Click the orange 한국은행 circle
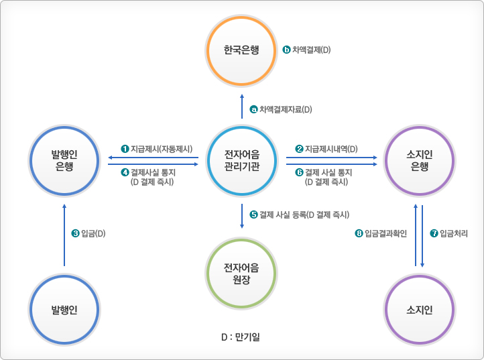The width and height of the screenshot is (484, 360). point(241,50)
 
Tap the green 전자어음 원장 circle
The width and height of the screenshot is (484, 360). point(242,273)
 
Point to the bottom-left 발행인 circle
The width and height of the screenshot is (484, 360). point(64,310)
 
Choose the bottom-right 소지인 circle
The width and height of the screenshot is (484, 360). point(420,310)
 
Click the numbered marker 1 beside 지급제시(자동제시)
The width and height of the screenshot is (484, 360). point(125,148)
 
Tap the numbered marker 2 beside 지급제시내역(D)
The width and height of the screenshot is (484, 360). point(299,148)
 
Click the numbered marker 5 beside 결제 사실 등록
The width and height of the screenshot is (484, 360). point(253,215)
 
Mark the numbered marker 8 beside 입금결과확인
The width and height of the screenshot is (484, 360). point(359,233)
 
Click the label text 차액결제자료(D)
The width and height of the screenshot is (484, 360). point(286,109)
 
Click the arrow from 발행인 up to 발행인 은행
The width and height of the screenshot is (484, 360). point(64,235)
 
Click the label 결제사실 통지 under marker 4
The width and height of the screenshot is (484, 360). point(152,172)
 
